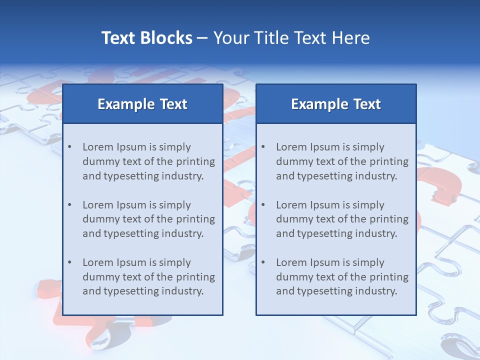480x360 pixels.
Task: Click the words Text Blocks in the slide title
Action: [x=146, y=38]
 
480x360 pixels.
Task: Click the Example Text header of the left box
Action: [x=142, y=104]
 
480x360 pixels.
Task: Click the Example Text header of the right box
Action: [x=336, y=104]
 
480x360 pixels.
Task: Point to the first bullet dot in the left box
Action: [x=69, y=147]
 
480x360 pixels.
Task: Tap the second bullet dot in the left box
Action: [x=69, y=205]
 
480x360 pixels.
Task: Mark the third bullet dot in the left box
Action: [x=69, y=262]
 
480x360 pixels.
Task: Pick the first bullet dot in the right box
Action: [x=263, y=147]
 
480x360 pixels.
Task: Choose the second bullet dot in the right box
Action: [x=263, y=205]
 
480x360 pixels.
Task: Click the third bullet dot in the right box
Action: [x=263, y=262]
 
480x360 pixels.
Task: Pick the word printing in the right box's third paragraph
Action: [x=388, y=277]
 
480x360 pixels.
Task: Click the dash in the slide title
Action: [x=202, y=38]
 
